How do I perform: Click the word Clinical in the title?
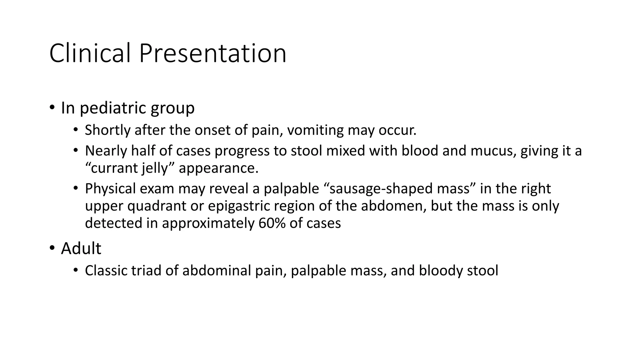tap(90, 53)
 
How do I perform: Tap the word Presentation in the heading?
tap(212, 53)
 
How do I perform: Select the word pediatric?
tap(113, 108)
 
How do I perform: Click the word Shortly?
tap(107, 130)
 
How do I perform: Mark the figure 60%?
tap(272, 223)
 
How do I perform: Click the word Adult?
tap(81, 249)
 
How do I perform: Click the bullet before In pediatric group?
tap(52, 108)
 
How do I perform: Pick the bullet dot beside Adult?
tap(52, 248)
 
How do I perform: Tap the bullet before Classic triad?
tap(75, 270)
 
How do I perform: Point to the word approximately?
tap(208, 223)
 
